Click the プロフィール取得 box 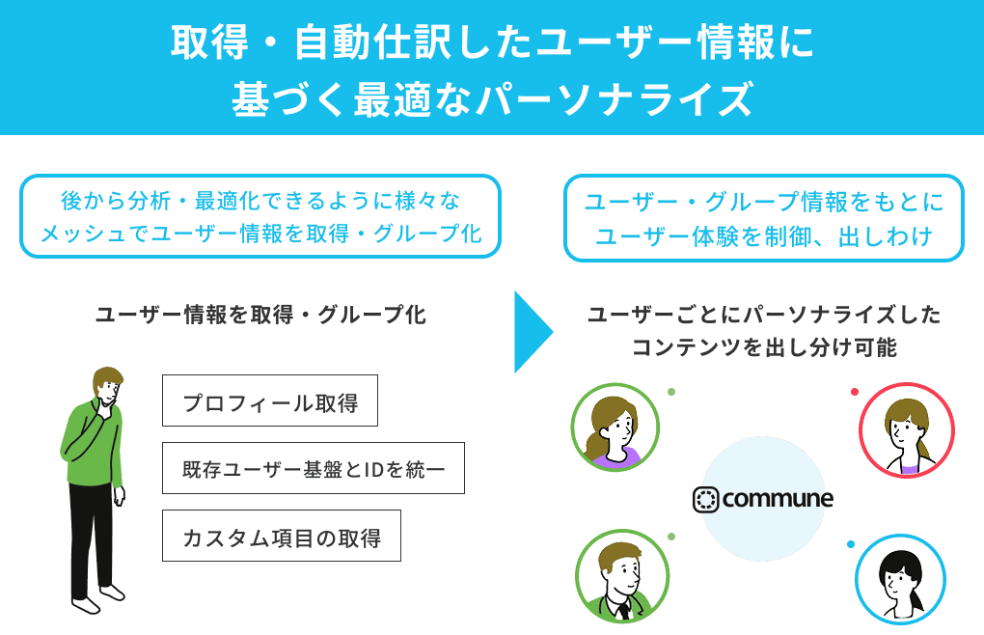tap(269, 400)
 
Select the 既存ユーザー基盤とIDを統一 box tap(313, 468)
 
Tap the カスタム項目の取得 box tap(281, 537)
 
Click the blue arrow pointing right tap(532, 331)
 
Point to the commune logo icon tap(706, 499)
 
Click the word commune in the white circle tap(777, 499)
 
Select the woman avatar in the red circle tap(906, 430)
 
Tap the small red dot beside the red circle tap(855, 391)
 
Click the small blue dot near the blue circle tap(851, 544)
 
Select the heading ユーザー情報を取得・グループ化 tap(260, 315)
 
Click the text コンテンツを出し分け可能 tap(764, 347)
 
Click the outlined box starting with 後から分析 tap(260, 216)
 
